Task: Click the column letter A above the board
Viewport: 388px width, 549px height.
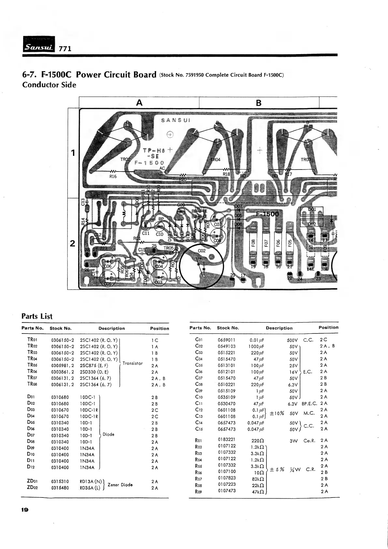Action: click(x=139, y=103)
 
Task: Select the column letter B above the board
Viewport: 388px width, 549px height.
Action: click(x=259, y=103)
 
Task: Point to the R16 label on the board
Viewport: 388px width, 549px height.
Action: click(x=113, y=176)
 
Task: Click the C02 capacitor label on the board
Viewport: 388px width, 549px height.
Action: click(x=202, y=251)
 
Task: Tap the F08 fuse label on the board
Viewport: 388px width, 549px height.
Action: click(x=253, y=244)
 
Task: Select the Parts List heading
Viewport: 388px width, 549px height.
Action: click(x=37, y=316)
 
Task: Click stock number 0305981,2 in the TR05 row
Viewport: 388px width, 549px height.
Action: click(x=63, y=365)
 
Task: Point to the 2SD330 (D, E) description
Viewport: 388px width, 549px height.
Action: click(x=94, y=372)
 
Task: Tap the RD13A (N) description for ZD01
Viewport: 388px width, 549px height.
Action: click(x=91, y=481)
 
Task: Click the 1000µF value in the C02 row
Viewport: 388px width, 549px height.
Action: click(x=256, y=346)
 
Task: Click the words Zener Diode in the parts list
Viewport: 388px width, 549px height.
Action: click(x=120, y=485)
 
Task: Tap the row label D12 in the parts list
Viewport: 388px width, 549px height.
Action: click(x=31, y=467)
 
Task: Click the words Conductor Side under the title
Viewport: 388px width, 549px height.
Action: click(x=49, y=85)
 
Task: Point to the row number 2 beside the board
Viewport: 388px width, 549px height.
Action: click(x=73, y=244)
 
